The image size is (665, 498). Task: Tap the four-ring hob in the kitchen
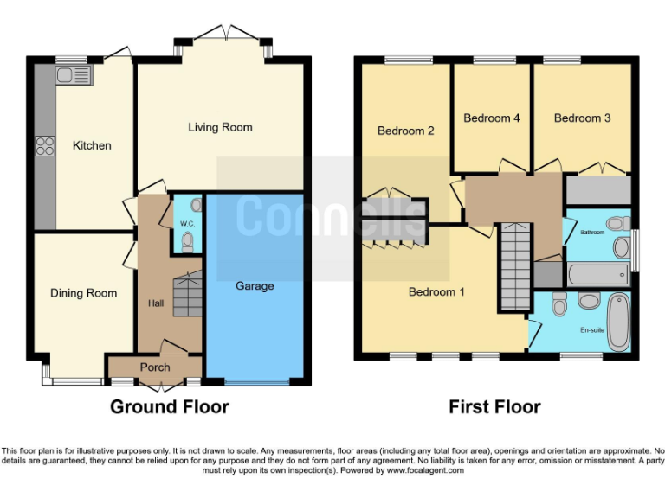click(44, 147)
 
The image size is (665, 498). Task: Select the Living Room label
click(220, 127)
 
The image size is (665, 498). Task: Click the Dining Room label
click(83, 293)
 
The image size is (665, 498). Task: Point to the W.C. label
click(186, 223)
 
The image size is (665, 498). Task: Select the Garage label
click(255, 285)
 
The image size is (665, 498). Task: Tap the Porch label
click(155, 367)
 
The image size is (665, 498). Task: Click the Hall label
click(155, 303)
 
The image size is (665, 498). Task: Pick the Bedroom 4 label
click(492, 118)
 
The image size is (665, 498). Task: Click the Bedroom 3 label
click(582, 118)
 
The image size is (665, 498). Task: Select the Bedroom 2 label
click(405, 131)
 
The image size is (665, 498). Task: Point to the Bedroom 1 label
click(436, 292)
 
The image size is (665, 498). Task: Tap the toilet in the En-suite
click(559, 304)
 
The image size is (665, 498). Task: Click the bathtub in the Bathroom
click(597, 276)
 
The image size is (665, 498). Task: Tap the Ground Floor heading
click(169, 406)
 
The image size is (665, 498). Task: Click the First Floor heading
click(494, 406)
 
